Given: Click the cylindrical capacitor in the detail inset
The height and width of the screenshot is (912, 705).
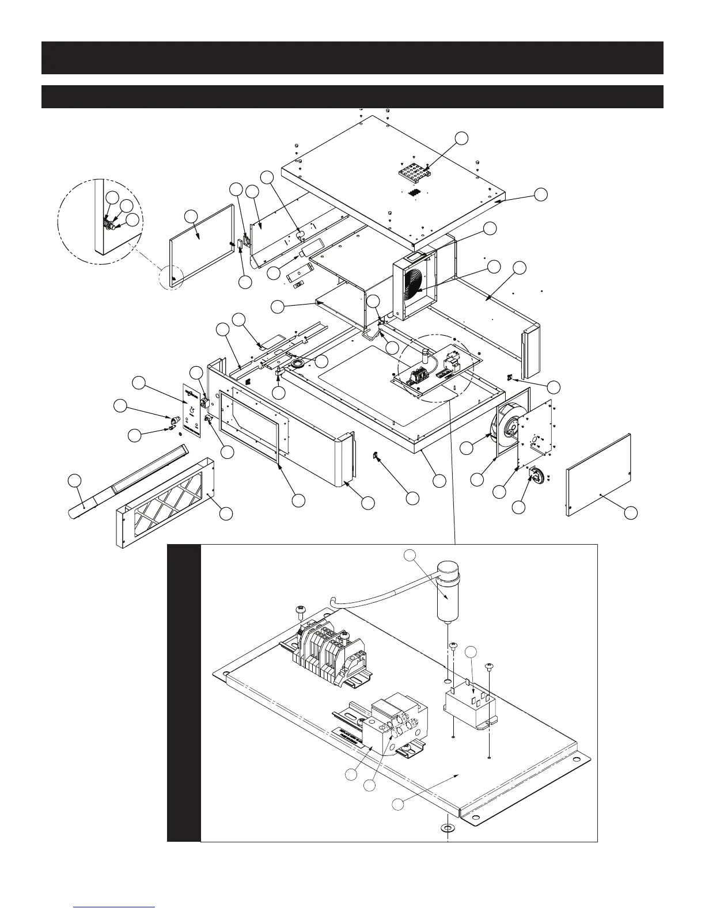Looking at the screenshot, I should point(450,593).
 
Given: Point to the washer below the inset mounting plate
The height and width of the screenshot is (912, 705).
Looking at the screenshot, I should point(447,829).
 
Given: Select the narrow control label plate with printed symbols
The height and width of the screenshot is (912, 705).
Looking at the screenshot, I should point(191,411).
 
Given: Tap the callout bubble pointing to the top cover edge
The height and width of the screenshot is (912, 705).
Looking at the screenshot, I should point(540,195).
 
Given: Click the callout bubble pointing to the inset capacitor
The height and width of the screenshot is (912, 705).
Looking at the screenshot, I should point(409,556).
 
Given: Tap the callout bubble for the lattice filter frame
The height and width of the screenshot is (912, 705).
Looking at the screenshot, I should point(227,514).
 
